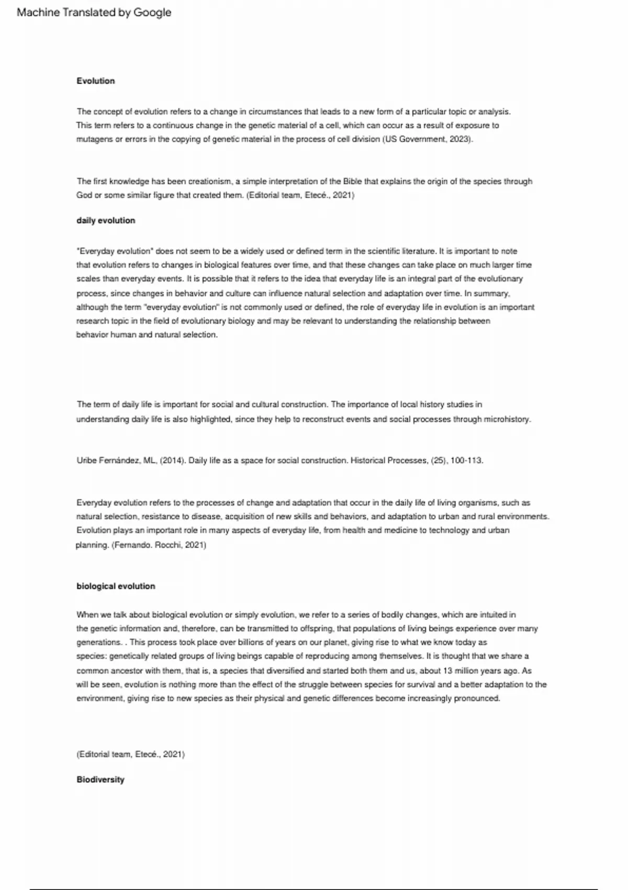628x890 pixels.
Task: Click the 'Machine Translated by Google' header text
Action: [94, 13]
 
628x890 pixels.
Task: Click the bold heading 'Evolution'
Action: [95, 81]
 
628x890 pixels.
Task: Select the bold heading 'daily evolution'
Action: [106, 220]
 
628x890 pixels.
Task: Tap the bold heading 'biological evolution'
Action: [116, 586]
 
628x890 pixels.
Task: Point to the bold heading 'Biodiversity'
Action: [100, 780]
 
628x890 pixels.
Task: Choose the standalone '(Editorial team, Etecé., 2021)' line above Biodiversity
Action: [130, 754]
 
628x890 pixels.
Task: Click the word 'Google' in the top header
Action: [152, 13]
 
